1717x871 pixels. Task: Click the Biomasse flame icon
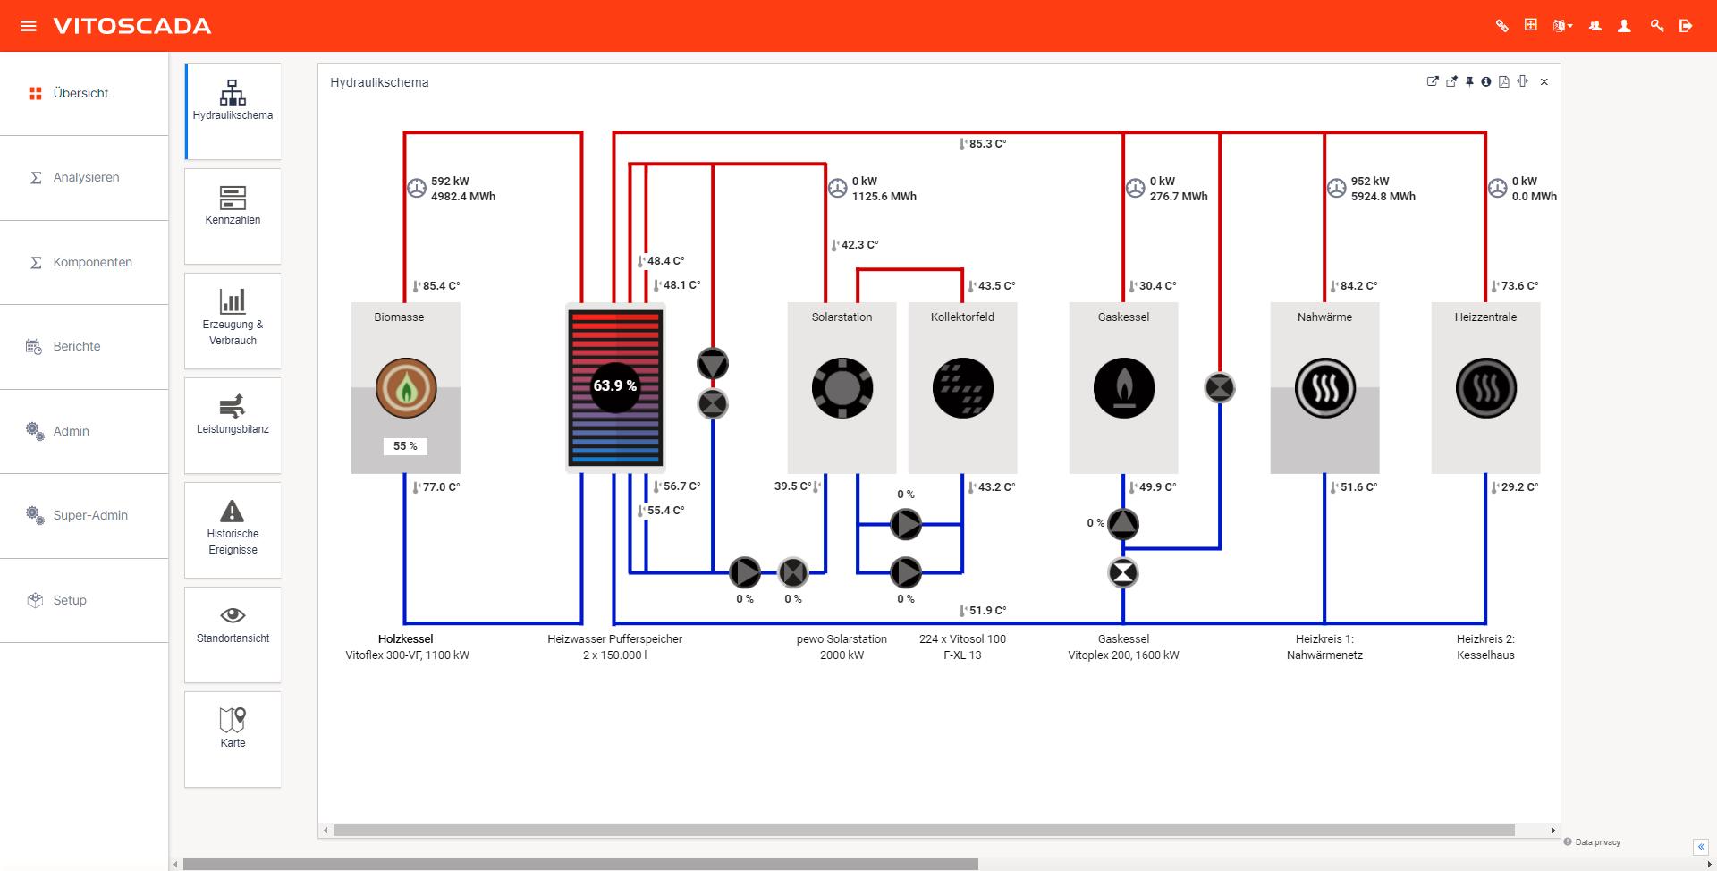tap(406, 388)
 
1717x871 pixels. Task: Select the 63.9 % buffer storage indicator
tap(615, 386)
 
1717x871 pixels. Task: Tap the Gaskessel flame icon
tap(1124, 388)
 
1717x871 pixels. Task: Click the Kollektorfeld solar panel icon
tap(963, 388)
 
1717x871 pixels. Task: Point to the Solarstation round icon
tap(842, 388)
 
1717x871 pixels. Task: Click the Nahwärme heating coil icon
tap(1325, 388)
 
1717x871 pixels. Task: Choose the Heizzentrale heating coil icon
tap(1486, 388)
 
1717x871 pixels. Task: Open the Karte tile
tap(233, 728)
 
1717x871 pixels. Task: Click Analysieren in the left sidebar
tap(86, 177)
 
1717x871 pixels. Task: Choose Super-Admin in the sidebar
tap(90, 515)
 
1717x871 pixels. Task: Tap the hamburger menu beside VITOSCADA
tap(29, 26)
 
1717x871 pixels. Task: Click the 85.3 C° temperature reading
tap(986, 144)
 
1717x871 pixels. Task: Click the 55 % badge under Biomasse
tap(405, 446)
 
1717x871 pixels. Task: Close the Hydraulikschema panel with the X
tap(1544, 82)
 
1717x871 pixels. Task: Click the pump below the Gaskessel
tap(1123, 524)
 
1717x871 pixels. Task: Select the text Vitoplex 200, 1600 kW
tap(1123, 655)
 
